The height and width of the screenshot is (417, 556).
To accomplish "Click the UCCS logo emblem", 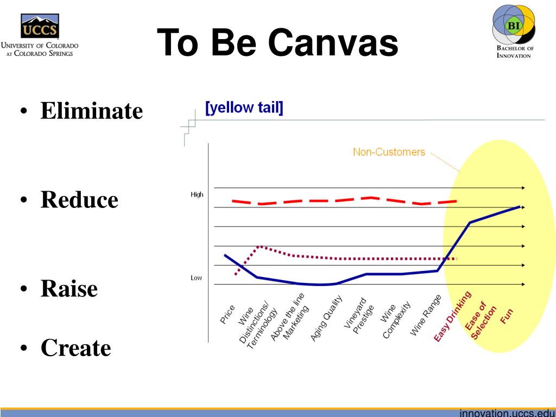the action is [40, 26].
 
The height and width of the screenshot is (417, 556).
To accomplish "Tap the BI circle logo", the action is [514, 25].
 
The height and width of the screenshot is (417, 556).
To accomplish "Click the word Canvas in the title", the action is [333, 42].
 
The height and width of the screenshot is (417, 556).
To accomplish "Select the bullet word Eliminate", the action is [91, 111].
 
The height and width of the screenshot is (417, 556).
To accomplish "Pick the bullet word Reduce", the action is [79, 199].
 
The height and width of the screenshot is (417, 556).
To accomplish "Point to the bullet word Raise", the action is [69, 288].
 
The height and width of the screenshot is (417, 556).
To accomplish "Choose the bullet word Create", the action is [76, 347].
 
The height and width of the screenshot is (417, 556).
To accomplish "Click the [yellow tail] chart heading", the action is [244, 107].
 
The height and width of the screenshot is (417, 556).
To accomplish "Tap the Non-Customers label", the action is [389, 152].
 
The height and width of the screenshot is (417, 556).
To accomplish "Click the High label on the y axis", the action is [197, 194].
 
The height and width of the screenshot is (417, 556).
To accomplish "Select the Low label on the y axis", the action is [196, 277].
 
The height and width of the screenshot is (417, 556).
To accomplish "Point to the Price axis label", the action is [227, 314].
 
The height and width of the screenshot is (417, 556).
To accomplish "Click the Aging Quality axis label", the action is [326, 318].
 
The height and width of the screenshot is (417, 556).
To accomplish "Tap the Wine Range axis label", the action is [426, 315].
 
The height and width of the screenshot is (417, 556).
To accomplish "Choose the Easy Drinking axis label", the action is [452, 317].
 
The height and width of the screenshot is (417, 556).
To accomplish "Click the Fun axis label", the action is [507, 316].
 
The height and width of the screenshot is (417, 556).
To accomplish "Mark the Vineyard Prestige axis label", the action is [359, 315].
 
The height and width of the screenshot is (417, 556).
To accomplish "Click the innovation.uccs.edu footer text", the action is [508, 413].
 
